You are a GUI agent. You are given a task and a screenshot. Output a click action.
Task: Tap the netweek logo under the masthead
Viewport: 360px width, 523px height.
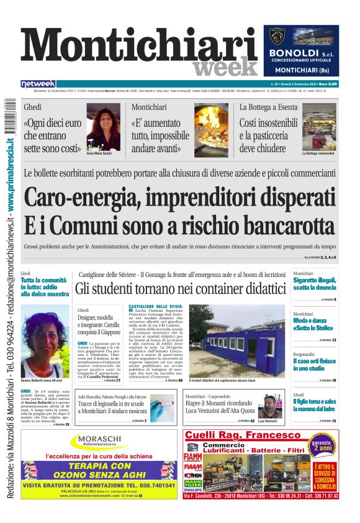tap(38, 84)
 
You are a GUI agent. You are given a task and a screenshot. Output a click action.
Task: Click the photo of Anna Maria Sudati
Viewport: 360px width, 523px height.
tap(103, 126)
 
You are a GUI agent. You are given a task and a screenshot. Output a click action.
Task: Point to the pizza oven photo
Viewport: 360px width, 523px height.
tap(211, 129)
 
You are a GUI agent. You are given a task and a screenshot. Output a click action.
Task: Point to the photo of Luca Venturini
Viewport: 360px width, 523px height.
tap(270, 406)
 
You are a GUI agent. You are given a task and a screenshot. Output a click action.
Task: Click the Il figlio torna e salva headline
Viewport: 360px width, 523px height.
tap(315, 405)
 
